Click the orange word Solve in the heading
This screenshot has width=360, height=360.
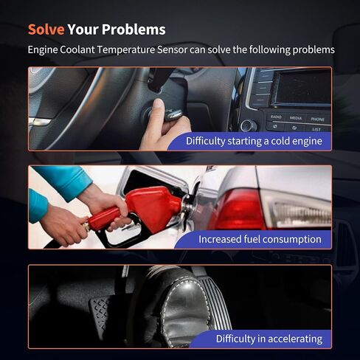(46, 30)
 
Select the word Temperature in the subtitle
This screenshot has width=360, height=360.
(125, 49)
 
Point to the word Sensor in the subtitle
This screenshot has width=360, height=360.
(173, 49)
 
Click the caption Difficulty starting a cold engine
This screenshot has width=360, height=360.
(254, 141)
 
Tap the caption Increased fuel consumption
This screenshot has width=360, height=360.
(260, 239)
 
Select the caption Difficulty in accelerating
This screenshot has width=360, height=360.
(269, 339)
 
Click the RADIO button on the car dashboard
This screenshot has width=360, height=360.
(276, 117)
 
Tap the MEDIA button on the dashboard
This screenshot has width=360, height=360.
(296, 118)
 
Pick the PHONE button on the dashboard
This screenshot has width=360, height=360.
(317, 120)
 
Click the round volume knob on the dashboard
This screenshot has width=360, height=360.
(249, 125)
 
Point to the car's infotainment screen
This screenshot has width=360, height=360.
(303, 88)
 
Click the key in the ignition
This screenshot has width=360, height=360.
(173, 114)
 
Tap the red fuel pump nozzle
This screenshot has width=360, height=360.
(142, 208)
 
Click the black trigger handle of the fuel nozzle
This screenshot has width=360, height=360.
(120, 234)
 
